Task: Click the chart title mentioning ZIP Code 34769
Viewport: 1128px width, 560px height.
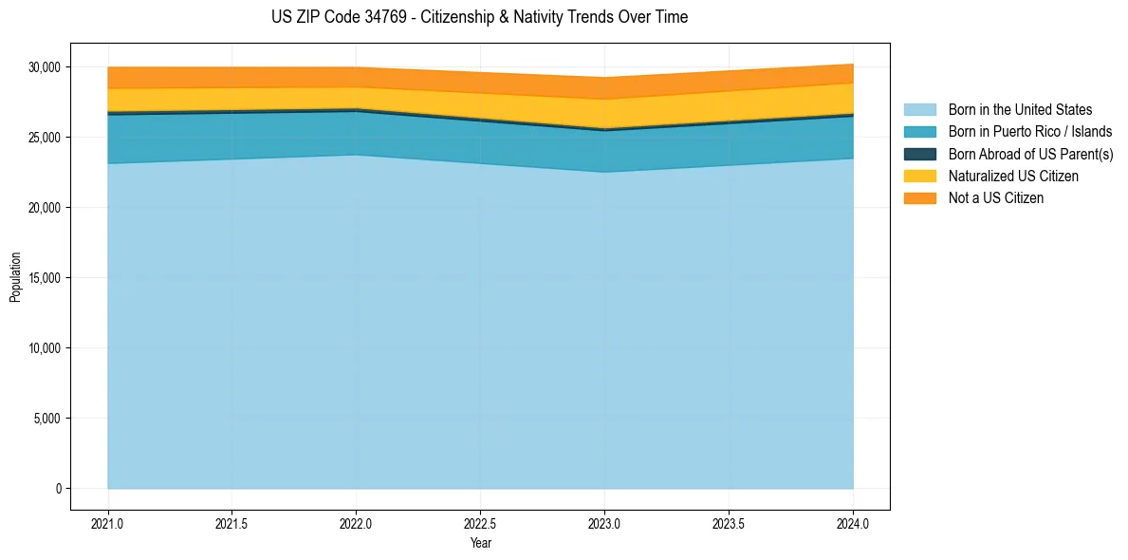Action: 479,17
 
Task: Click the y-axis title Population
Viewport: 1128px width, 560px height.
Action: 15,277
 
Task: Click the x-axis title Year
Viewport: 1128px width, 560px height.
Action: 480,543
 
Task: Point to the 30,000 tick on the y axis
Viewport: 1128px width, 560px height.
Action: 45,67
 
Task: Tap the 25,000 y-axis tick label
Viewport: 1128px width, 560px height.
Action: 45,138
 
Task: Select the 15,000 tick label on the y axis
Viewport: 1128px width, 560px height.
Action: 45,278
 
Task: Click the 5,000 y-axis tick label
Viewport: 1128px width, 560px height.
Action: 47,419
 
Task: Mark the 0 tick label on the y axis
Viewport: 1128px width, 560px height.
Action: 58,489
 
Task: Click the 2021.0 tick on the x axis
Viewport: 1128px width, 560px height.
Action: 108,523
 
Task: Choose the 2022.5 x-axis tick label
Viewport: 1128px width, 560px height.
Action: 480,523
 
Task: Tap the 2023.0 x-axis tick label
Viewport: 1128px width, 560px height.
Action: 604,523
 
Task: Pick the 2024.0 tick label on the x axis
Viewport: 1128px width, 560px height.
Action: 853,523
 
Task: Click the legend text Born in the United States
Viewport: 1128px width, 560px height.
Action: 1020,110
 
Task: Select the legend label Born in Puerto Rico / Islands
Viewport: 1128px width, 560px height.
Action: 1030,132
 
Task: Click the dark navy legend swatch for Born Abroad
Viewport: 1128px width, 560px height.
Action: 919,154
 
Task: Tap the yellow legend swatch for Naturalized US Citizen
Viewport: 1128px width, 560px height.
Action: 919,176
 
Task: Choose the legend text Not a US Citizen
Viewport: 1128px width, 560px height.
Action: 995,198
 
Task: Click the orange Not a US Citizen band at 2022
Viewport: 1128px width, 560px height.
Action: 356,77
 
